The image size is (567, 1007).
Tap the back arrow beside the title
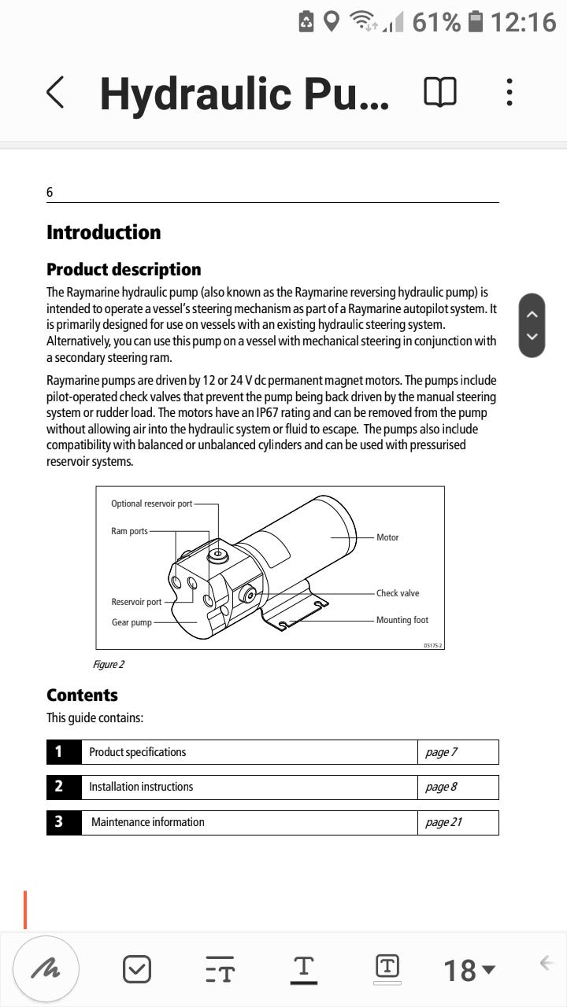[x=54, y=93]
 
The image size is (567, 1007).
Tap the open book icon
[x=439, y=93]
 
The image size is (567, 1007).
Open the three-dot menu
[x=510, y=93]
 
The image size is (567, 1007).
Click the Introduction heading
[x=103, y=232]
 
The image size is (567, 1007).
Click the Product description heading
[x=124, y=270]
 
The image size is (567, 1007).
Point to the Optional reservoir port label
[x=151, y=503]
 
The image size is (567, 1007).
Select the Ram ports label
[x=129, y=531]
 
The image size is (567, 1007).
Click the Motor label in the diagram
[x=387, y=537]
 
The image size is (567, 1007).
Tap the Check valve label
[x=398, y=593]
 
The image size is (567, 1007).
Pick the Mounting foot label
[x=402, y=620]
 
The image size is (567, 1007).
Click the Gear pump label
[x=132, y=622]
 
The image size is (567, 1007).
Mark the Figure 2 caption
[x=109, y=665]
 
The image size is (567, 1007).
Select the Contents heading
[x=82, y=695]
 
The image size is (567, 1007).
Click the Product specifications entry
[x=138, y=752]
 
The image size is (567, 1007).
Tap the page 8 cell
[x=441, y=787]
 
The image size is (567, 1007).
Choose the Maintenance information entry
[x=148, y=822]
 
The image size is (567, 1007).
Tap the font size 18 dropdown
[x=469, y=970]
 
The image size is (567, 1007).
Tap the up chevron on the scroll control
[x=532, y=314]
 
